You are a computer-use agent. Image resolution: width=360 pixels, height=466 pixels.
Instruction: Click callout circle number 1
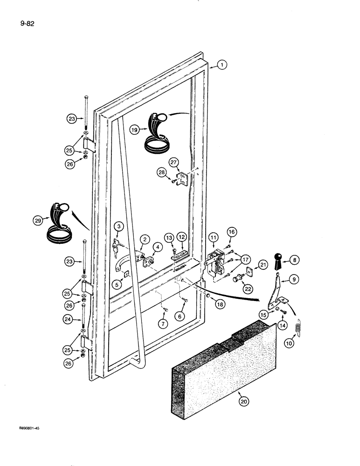click(x=222, y=66)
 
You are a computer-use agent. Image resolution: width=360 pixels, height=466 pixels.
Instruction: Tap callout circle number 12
click(x=181, y=238)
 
